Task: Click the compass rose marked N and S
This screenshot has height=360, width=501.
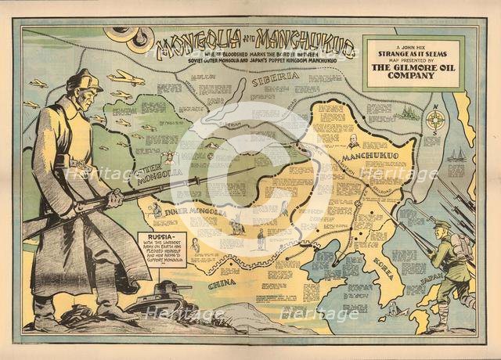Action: click(437, 121)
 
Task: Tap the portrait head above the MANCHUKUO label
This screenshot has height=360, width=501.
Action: click(353, 141)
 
